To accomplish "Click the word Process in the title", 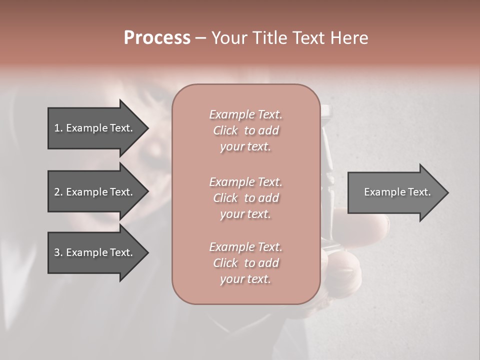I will (157, 38).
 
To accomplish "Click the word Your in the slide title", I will (229, 38).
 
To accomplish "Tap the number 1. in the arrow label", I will (58, 128).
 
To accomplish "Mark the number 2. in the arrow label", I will (58, 192).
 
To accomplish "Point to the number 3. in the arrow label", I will (58, 252).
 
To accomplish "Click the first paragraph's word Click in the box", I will (225, 131).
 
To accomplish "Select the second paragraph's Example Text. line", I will (245, 182).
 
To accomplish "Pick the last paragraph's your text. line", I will (245, 279).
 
